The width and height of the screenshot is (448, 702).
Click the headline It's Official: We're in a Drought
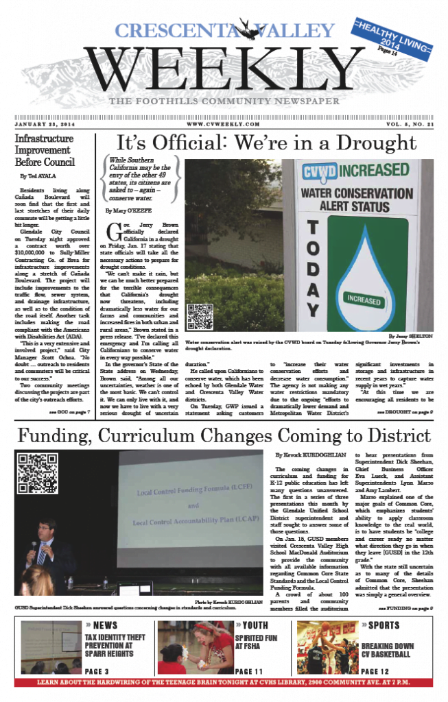click(267, 143)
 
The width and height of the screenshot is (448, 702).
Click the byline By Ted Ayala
click(40, 176)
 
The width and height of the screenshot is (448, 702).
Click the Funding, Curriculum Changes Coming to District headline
click(224, 435)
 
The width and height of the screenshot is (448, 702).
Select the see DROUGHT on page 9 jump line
click(404, 412)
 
